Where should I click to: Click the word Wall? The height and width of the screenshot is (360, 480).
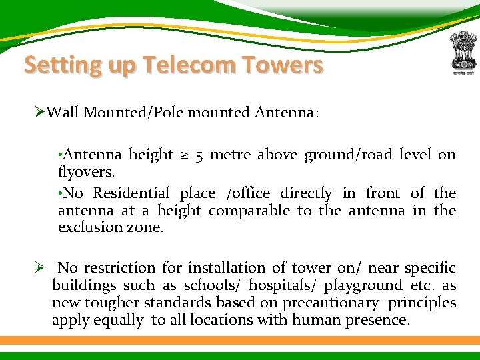coord(63,112)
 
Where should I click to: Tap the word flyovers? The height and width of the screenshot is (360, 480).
coord(86,171)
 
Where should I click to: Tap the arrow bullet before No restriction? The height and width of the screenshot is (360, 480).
coord(40,268)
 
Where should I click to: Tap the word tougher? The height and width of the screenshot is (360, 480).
coord(112,303)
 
